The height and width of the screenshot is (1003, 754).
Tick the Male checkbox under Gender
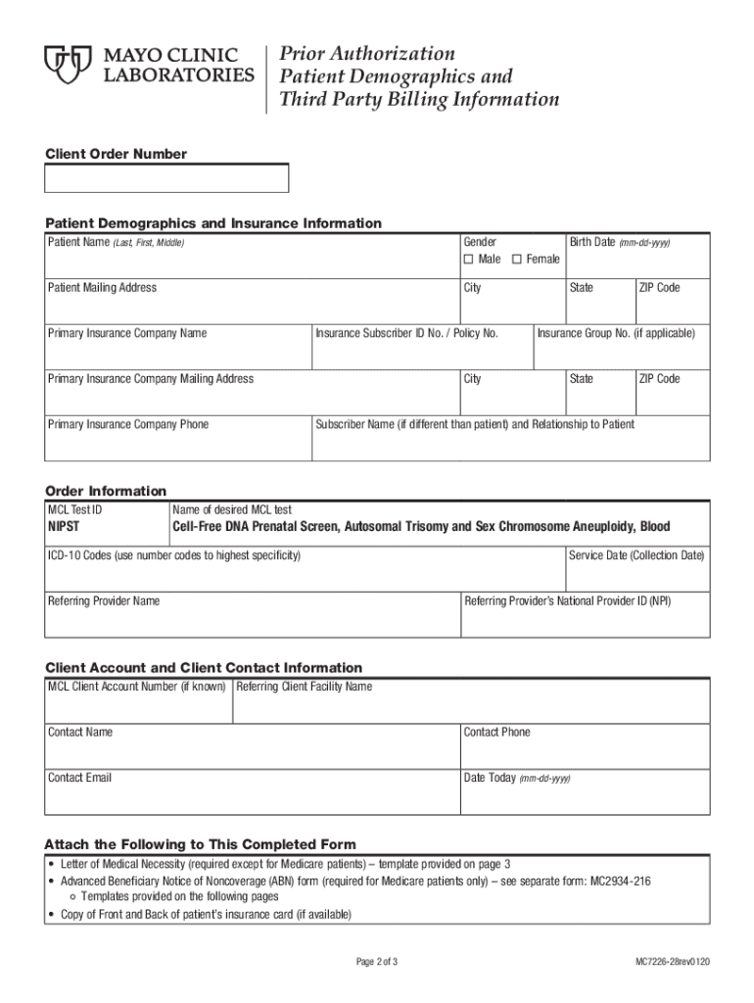(x=469, y=260)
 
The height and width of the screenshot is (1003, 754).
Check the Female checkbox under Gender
(x=517, y=260)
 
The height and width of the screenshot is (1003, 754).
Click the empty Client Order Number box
(x=166, y=178)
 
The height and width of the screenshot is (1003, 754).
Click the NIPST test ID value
(x=68, y=527)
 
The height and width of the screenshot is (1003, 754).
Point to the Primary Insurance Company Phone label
(x=127, y=424)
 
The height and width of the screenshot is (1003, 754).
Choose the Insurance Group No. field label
(x=615, y=333)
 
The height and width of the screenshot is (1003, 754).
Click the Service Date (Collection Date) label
(x=636, y=555)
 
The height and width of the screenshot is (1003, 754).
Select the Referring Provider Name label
(x=104, y=600)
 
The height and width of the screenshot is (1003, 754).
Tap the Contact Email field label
(x=79, y=778)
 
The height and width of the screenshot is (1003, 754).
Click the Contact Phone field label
(x=496, y=732)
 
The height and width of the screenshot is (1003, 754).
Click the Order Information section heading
(x=106, y=491)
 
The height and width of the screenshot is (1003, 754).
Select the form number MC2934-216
(x=619, y=882)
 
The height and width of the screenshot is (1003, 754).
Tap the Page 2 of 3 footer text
(x=376, y=962)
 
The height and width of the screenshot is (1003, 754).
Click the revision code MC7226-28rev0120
(x=673, y=962)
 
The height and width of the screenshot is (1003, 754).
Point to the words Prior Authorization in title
(x=367, y=53)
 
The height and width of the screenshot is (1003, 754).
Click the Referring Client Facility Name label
(x=304, y=687)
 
